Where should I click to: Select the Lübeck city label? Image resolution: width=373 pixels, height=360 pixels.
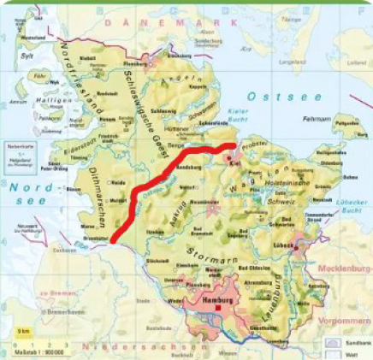click(284, 245)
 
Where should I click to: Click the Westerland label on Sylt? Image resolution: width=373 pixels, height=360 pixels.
click(31, 38)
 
